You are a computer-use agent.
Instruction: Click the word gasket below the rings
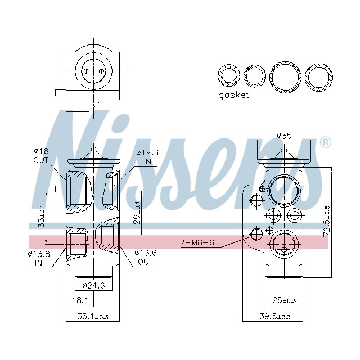(x=233, y=95)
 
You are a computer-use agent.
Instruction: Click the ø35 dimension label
(x=283, y=135)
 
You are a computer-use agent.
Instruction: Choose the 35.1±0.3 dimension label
(x=92, y=317)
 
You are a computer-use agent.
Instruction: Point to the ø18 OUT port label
(x=42, y=156)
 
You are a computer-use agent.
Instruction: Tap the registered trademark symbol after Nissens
(x=325, y=142)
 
